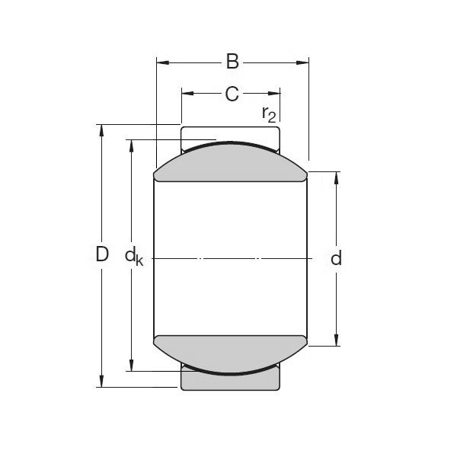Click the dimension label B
(x=232, y=61)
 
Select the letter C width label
(x=232, y=94)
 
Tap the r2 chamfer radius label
(x=268, y=114)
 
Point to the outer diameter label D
(x=102, y=255)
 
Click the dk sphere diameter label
(x=134, y=257)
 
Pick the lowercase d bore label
(x=336, y=258)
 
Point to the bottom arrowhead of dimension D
(x=101, y=382)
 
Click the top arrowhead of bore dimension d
(x=336, y=177)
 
